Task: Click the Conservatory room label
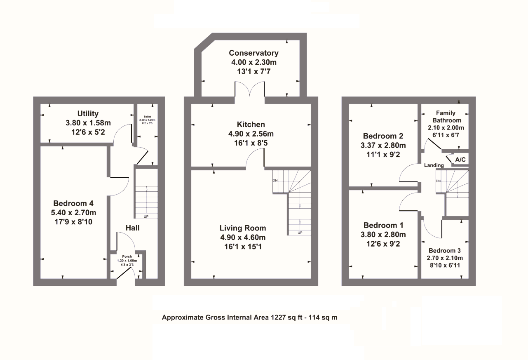pos(253,53)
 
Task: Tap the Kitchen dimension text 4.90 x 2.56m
pos(251,134)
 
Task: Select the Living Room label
pos(242,228)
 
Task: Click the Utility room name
pos(88,114)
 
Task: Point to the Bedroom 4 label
pos(73,203)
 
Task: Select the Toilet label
pos(146,117)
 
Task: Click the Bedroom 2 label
pos(383,136)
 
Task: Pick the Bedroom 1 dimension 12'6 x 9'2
pos(383,244)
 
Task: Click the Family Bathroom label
pos(446,117)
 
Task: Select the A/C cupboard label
pos(460,159)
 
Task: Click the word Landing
pos(434,165)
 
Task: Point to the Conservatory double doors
pos(250,90)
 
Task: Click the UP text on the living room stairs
pos(299,233)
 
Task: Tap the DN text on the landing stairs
pos(439,181)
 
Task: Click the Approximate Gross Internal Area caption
pos(250,318)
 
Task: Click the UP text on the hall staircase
pos(146,216)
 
